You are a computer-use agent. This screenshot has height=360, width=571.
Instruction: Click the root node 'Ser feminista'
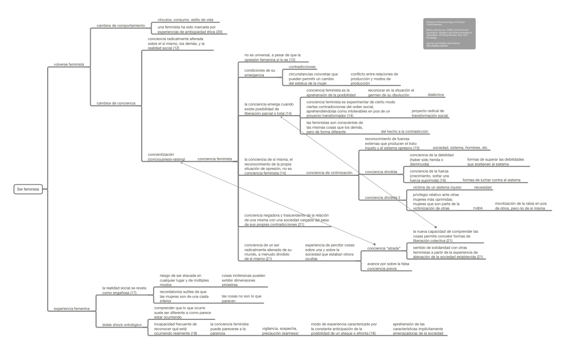[28, 189]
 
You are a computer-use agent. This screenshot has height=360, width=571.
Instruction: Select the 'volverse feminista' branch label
[69, 65]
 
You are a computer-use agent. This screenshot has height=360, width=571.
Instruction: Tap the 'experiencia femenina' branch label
[72, 309]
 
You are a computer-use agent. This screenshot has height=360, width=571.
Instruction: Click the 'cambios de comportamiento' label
[121, 26]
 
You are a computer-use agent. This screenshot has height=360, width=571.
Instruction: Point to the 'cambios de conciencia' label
[116, 103]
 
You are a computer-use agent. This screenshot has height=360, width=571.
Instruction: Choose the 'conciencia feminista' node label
[215, 159]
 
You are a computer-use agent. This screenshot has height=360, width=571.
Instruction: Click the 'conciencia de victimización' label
[329, 173]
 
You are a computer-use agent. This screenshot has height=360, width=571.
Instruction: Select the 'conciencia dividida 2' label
[382, 197]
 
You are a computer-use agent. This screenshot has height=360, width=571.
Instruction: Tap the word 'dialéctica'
[436, 95]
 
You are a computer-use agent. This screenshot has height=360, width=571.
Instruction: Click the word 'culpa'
[477, 208]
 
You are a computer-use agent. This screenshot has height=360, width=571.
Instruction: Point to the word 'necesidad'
[483, 187]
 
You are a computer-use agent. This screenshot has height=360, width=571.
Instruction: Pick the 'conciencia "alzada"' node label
[383, 248]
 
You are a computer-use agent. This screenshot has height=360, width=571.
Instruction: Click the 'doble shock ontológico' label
[122, 325]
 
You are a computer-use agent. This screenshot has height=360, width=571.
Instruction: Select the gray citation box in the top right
[449, 34]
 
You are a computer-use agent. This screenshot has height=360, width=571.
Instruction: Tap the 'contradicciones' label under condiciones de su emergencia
[302, 67]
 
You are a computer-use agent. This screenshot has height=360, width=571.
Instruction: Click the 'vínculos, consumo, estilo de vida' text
[185, 20]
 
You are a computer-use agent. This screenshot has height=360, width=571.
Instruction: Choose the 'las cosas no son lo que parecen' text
[242, 298]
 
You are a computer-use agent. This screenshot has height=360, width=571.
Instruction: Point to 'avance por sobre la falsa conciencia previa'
[388, 266]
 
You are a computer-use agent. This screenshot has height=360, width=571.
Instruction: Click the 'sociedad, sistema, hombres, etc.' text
[460, 148]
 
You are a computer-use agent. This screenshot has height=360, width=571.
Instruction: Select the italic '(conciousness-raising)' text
[166, 159]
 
